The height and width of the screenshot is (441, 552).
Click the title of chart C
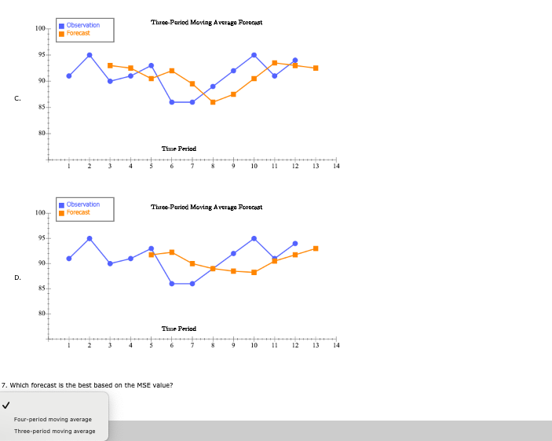pyautogui.click(x=207, y=23)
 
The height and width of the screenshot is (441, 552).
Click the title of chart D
pyautogui.click(x=207, y=207)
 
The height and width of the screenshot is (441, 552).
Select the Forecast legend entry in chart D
pyautogui.click(x=78, y=212)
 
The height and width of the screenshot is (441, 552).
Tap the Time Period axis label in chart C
pyautogui.click(x=178, y=149)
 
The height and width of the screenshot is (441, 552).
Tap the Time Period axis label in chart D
pyautogui.click(x=178, y=329)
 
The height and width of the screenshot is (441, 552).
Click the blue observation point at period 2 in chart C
pyautogui.click(x=90, y=55)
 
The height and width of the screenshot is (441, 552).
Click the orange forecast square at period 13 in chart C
pyautogui.click(x=316, y=68)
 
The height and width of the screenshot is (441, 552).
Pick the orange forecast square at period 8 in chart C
pyautogui.click(x=213, y=102)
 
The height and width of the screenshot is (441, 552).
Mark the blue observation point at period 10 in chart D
pyautogui.click(x=254, y=238)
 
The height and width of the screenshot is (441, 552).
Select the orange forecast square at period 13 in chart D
pyautogui.click(x=316, y=248)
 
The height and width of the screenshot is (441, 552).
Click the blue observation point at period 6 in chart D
pyautogui.click(x=172, y=283)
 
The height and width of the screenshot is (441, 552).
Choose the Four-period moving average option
pyautogui.click(x=53, y=419)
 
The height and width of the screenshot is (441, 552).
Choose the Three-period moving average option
pyautogui.click(x=54, y=431)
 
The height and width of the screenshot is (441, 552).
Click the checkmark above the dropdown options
pyautogui.click(x=6, y=406)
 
